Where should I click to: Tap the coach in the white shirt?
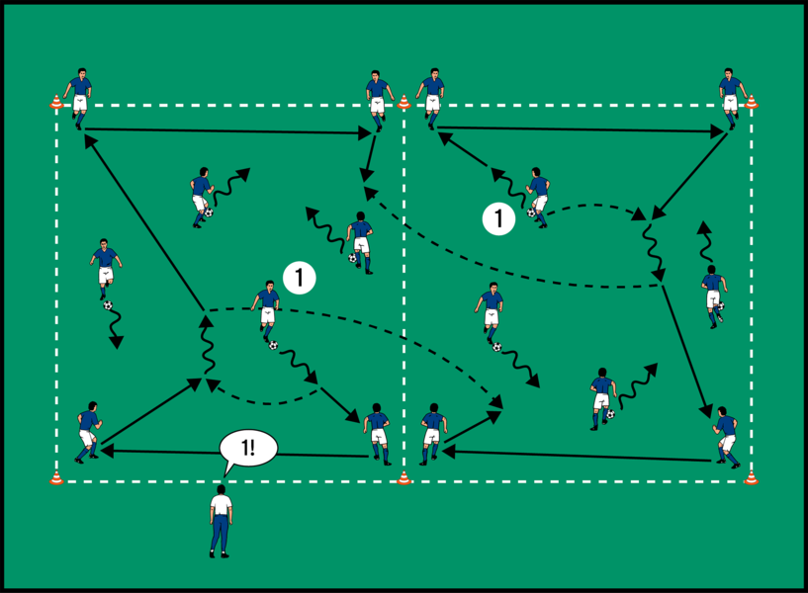pyautogui.click(x=221, y=520)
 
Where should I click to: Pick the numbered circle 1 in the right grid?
pyautogui.click(x=499, y=218)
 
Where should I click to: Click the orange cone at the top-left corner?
pyautogui.click(x=56, y=100)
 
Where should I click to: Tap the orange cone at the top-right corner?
pyautogui.click(x=751, y=100)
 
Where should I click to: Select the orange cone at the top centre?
pyautogui.click(x=404, y=100)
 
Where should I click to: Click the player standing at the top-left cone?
pyautogui.click(x=79, y=94)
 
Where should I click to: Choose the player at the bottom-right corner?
pyautogui.click(x=727, y=435)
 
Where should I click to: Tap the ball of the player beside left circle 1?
pyautogui.click(x=272, y=345)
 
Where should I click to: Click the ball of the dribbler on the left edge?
pyautogui.click(x=108, y=305)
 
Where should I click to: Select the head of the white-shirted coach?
pyautogui.click(x=222, y=488)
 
